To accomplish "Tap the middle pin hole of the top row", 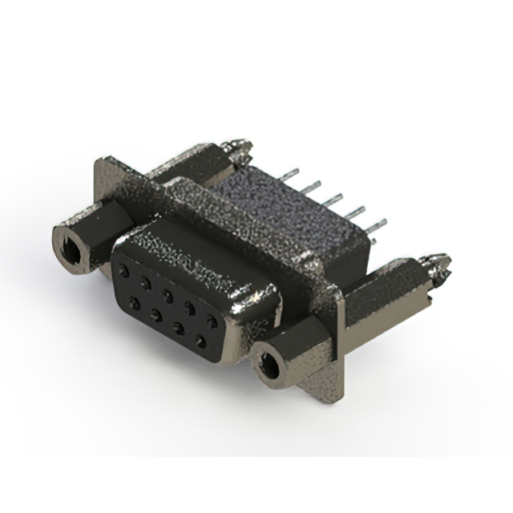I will [168, 293].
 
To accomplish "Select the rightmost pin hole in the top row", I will [211, 319].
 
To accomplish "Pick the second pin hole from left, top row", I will [147, 282].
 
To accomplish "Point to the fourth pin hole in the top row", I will [189, 305].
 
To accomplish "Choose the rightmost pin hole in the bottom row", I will [200, 341].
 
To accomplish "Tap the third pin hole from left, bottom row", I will [178, 328].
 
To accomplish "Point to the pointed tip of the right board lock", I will [443, 261].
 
